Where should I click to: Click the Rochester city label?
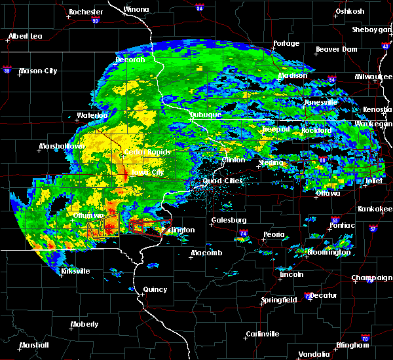(x=86, y=12)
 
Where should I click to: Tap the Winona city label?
(x=136, y=10)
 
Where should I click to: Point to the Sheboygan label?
(x=371, y=29)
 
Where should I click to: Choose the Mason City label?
(x=39, y=71)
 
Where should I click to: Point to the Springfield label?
(x=280, y=300)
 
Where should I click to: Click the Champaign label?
(x=371, y=278)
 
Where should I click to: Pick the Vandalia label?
(x=312, y=354)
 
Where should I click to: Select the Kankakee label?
(x=375, y=209)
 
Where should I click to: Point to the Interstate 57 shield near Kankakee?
(x=373, y=229)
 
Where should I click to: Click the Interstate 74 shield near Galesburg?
(x=242, y=233)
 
